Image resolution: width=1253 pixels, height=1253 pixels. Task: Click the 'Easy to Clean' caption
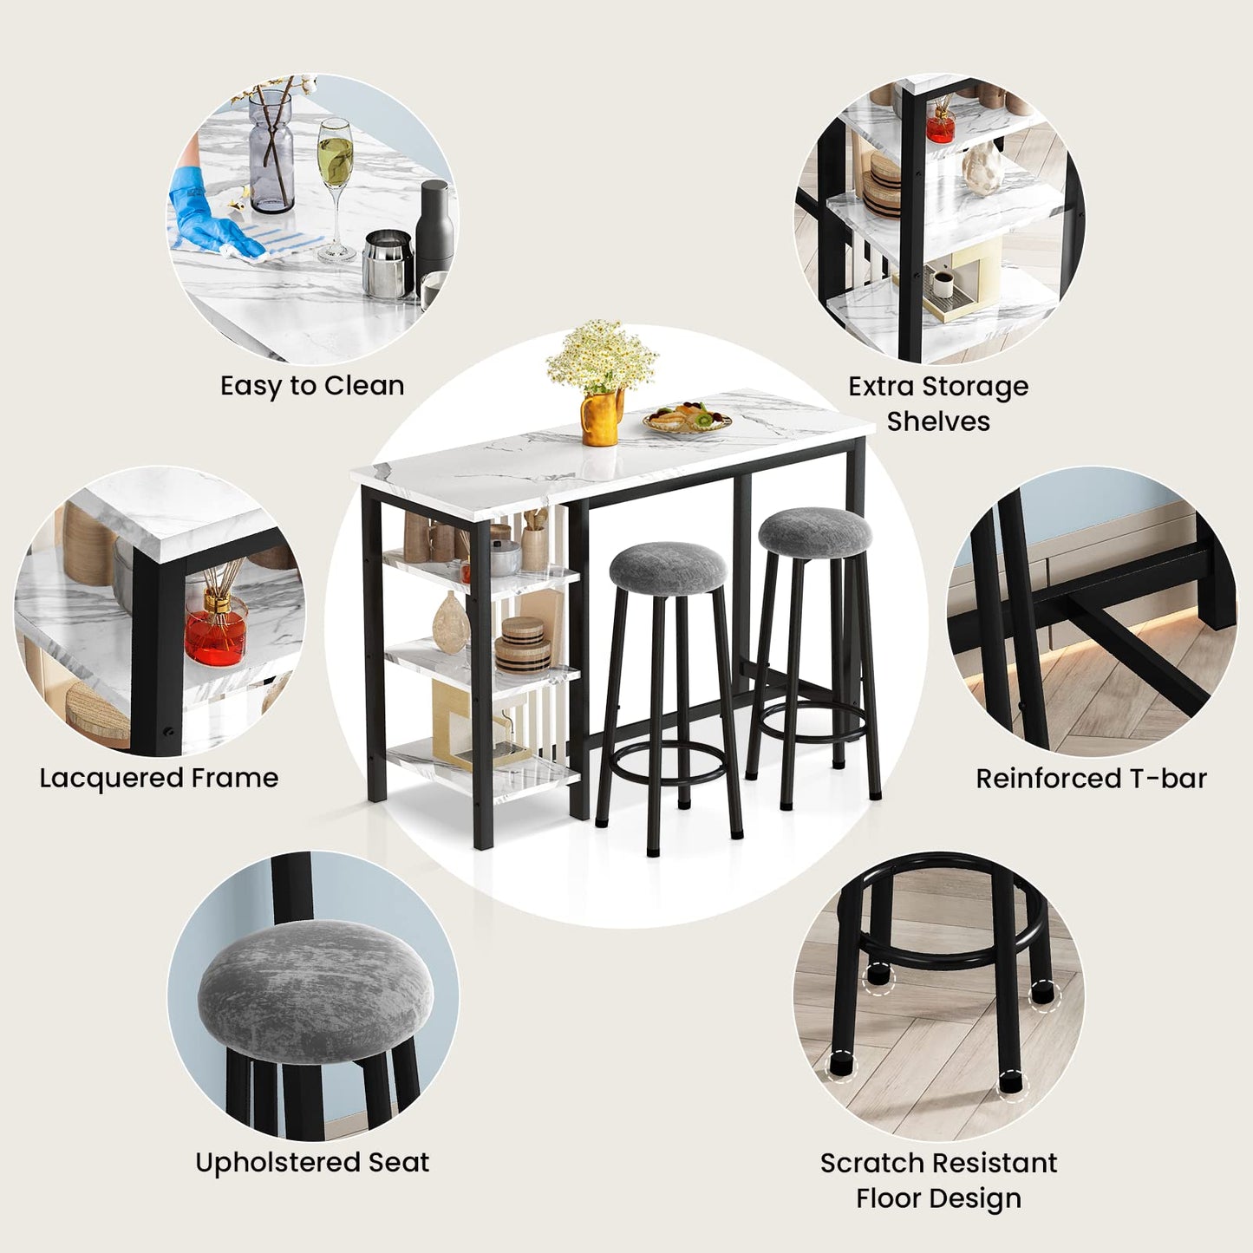312,386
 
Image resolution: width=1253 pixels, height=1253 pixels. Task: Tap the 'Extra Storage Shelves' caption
938,403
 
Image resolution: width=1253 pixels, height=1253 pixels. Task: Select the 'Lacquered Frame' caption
159,778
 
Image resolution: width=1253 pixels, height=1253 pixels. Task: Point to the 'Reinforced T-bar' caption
1091,779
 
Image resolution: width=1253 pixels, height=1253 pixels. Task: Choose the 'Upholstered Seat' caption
312,1162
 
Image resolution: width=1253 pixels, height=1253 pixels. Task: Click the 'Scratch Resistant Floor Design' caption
938,1180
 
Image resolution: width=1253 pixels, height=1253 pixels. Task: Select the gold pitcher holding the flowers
600,418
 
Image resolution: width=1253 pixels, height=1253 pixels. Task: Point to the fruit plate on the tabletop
688,419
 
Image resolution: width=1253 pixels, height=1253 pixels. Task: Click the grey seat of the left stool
667,568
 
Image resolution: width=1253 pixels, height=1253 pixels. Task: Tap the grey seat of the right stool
814,531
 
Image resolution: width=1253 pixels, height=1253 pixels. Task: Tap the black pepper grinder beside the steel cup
434,234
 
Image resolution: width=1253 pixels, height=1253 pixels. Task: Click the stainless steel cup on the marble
387,264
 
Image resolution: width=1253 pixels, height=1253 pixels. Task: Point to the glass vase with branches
271,152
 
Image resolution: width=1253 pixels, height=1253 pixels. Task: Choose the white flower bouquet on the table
602,356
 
